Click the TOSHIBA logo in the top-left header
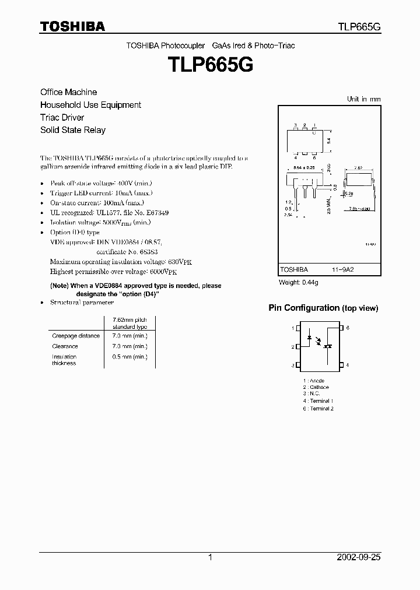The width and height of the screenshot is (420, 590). pyautogui.click(x=72, y=26)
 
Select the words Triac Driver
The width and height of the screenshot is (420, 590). pyautogui.click(x=62, y=117)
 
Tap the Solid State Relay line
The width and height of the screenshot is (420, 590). pyautogui.click(x=72, y=130)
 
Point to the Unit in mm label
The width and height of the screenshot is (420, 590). pyautogui.click(x=363, y=99)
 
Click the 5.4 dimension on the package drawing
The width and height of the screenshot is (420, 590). pyautogui.click(x=328, y=141)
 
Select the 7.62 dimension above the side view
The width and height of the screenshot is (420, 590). pyautogui.click(x=359, y=167)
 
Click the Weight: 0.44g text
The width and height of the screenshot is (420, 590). pyautogui.click(x=299, y=282)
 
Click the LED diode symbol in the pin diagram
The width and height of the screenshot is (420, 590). pyautogui.click(x=309, y=336)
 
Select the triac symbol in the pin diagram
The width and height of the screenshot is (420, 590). pyautogui.click(x=328, y=346)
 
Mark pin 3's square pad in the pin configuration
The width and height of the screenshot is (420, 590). pyautogui.click(x=298, y=366)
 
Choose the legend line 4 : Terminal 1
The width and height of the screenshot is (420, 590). pyautogui.click(x=318, y=401)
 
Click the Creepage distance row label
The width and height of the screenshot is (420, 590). pyautogui.click(x=76, y=336)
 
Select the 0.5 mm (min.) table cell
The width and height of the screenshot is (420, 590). pyautogui.click(x=129, y=357)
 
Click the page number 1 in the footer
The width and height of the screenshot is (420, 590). pyautogui.click(x=210, y=557)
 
